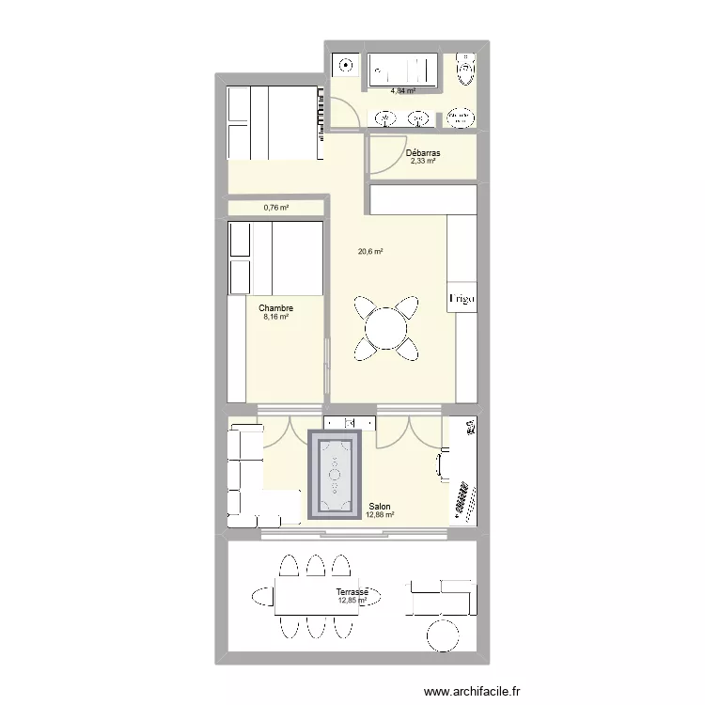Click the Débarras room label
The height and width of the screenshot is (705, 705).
click(423, 153)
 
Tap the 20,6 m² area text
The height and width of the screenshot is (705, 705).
click(369, 251)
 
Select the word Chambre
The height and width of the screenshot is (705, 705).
click(275, 308)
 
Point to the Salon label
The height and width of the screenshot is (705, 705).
click(381, 505)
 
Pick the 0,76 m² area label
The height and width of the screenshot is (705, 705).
click(275, 208)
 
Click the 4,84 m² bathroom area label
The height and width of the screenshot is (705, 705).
click(403, 91)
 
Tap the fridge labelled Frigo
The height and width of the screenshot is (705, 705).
click(462, 298)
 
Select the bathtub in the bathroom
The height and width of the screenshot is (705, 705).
click(403, 70)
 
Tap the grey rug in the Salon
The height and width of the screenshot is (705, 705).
click(336, 475)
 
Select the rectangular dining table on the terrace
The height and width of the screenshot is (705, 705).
click(316, 595)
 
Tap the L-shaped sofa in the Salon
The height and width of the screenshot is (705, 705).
click(250, 475)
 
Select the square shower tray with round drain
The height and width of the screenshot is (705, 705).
click(345, 68)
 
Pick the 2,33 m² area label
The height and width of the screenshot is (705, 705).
click(423, 162)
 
